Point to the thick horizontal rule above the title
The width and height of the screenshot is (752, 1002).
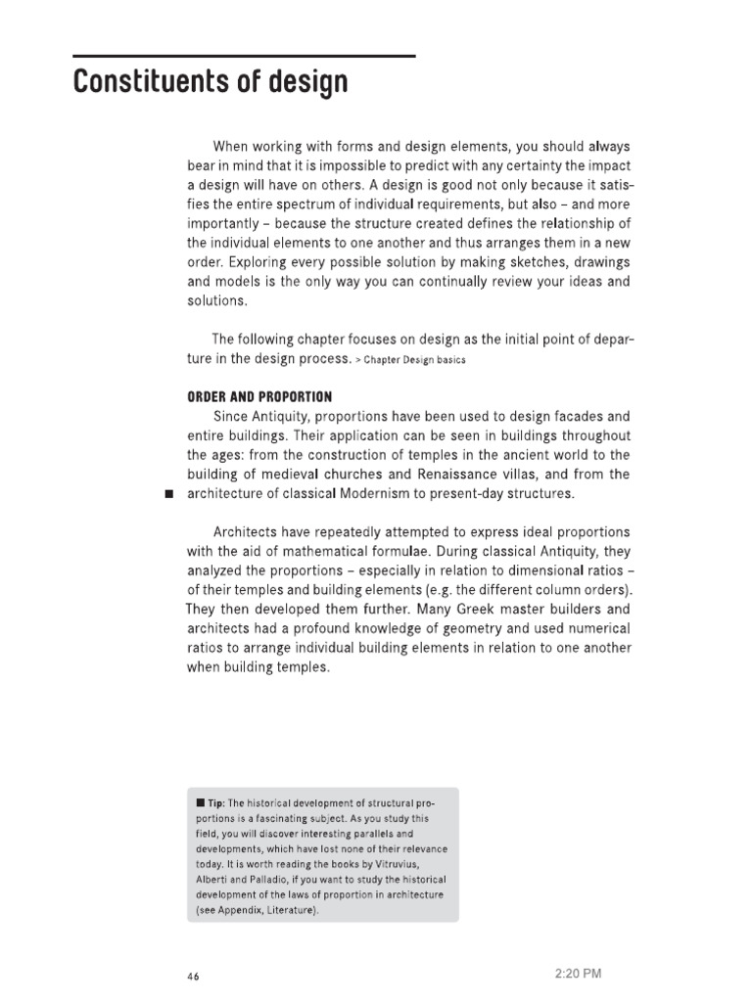(245, 57)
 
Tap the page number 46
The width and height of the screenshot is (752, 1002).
(193, 977)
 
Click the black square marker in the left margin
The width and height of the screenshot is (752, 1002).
(168, 494)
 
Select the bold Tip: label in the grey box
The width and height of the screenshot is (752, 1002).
(211, 804)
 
